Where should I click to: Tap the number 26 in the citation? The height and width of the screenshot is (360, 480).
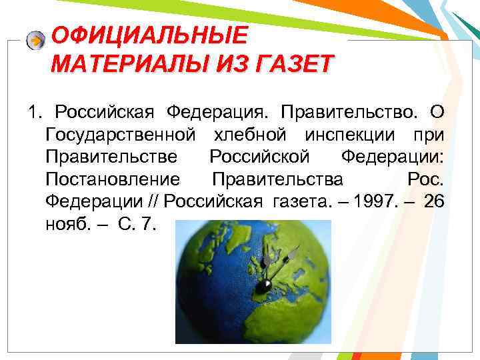point(433,202)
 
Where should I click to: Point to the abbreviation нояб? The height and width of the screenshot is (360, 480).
point(66,225)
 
